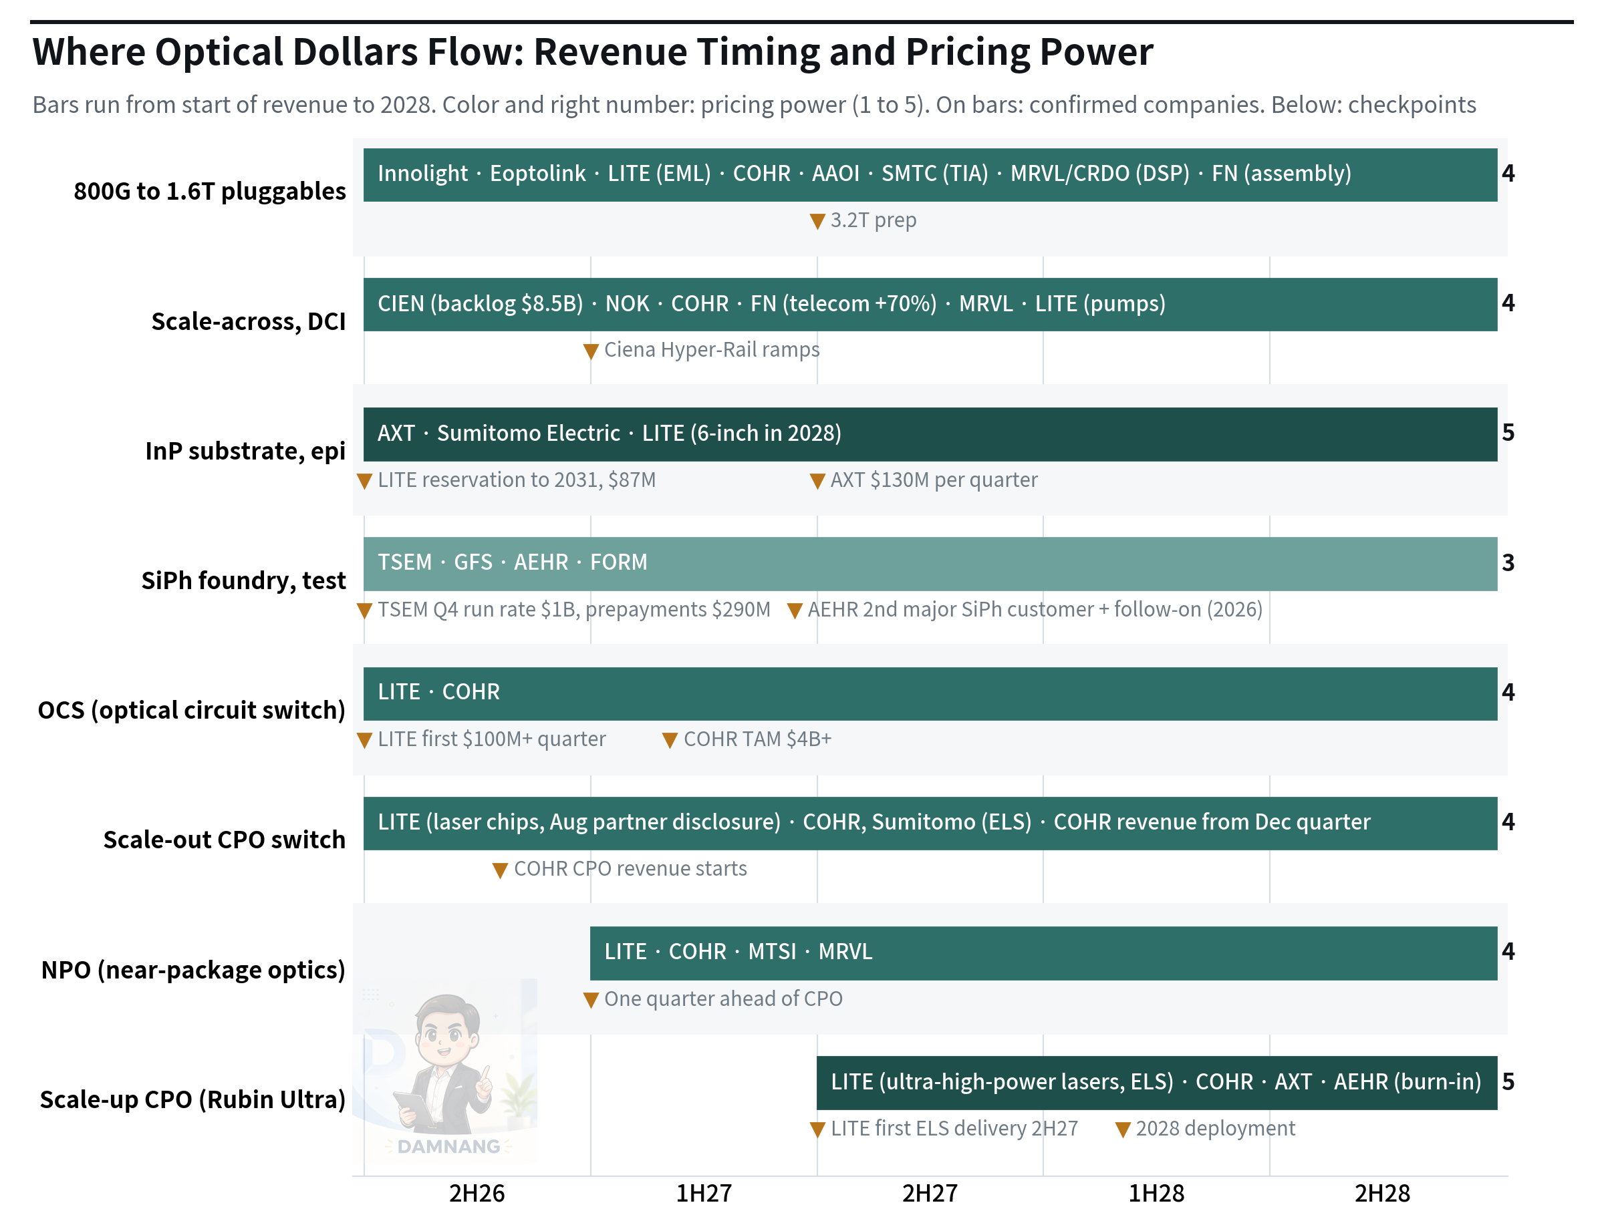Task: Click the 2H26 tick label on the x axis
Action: click(x=477, y=1194)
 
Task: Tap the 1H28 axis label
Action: click(x=1156, y=1194)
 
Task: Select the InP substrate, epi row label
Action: click(x=245, y=452)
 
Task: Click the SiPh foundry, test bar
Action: click(x=930, y=564)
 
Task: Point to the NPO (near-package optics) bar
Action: click(x=1043, y=952)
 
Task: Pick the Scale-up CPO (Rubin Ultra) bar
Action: click(x=1157, y=1082)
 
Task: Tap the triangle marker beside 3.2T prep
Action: click(x=817, y=221)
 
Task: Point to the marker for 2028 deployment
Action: click(x=1122, y=1130)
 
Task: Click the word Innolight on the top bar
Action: click(x=422, y=174)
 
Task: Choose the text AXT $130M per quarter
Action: click(x=934, y=480)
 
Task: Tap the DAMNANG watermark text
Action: click(x=448, y=1146)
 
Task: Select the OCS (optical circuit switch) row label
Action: click(x=191, y=710)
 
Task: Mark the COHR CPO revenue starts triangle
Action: click(x=500, y=870)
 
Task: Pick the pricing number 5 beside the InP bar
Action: click(x=1508, y=433)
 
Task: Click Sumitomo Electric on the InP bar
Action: click(x=529, y=433)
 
